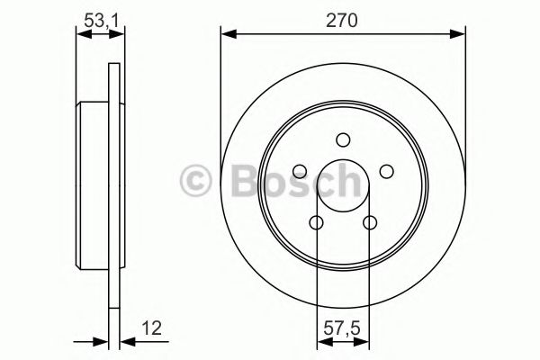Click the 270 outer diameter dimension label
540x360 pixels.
coord(343,21)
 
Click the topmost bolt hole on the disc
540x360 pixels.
coord(343,139)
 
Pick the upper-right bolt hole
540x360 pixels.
coord(386,171)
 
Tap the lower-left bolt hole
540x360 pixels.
coord(316,222)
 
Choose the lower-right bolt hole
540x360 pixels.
coord(369,222)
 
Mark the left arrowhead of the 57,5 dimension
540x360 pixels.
coord(322,340)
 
